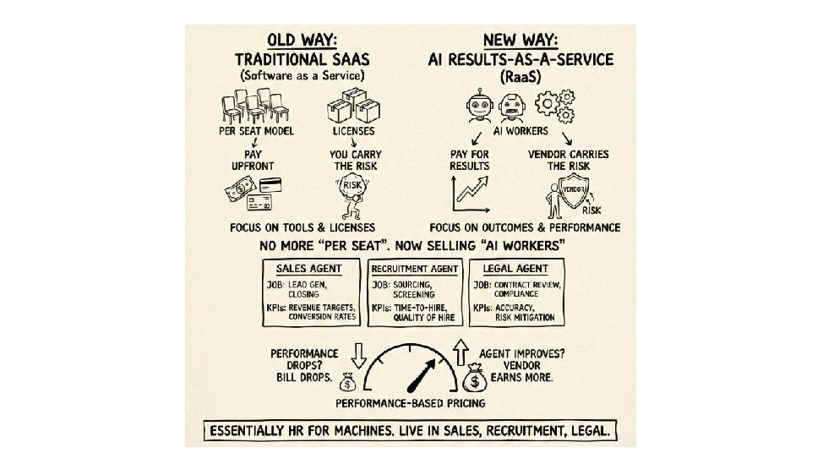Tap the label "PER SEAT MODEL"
click(x=253, y=133)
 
